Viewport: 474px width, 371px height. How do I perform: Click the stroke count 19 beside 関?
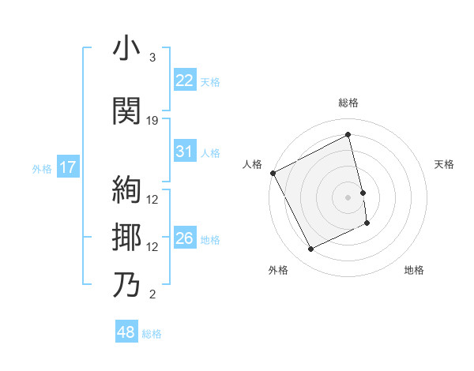coord(152,121)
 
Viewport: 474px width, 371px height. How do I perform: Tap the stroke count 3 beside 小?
coord(152,58)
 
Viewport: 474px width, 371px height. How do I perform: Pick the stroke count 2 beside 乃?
coord(152,294)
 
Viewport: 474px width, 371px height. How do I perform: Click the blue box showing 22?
coord(184,81)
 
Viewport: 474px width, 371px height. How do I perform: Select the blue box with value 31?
coord(184,152)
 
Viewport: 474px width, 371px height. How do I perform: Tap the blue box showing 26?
coord(184,238)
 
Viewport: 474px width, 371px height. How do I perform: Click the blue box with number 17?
coord(67,167)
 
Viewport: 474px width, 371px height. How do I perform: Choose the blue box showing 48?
coord(126,333)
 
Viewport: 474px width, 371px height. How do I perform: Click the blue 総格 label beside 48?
coord(152,334)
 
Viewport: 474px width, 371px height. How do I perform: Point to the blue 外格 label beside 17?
coord(42,168)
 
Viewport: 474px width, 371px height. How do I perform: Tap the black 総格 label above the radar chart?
coord(348,103)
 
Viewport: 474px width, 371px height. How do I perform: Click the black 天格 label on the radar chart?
coord(444,164)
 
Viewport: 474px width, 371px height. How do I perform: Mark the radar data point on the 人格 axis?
coord(273,173)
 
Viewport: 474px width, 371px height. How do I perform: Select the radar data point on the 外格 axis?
coord(311,249)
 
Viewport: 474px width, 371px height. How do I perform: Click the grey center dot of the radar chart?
coord(348,197)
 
